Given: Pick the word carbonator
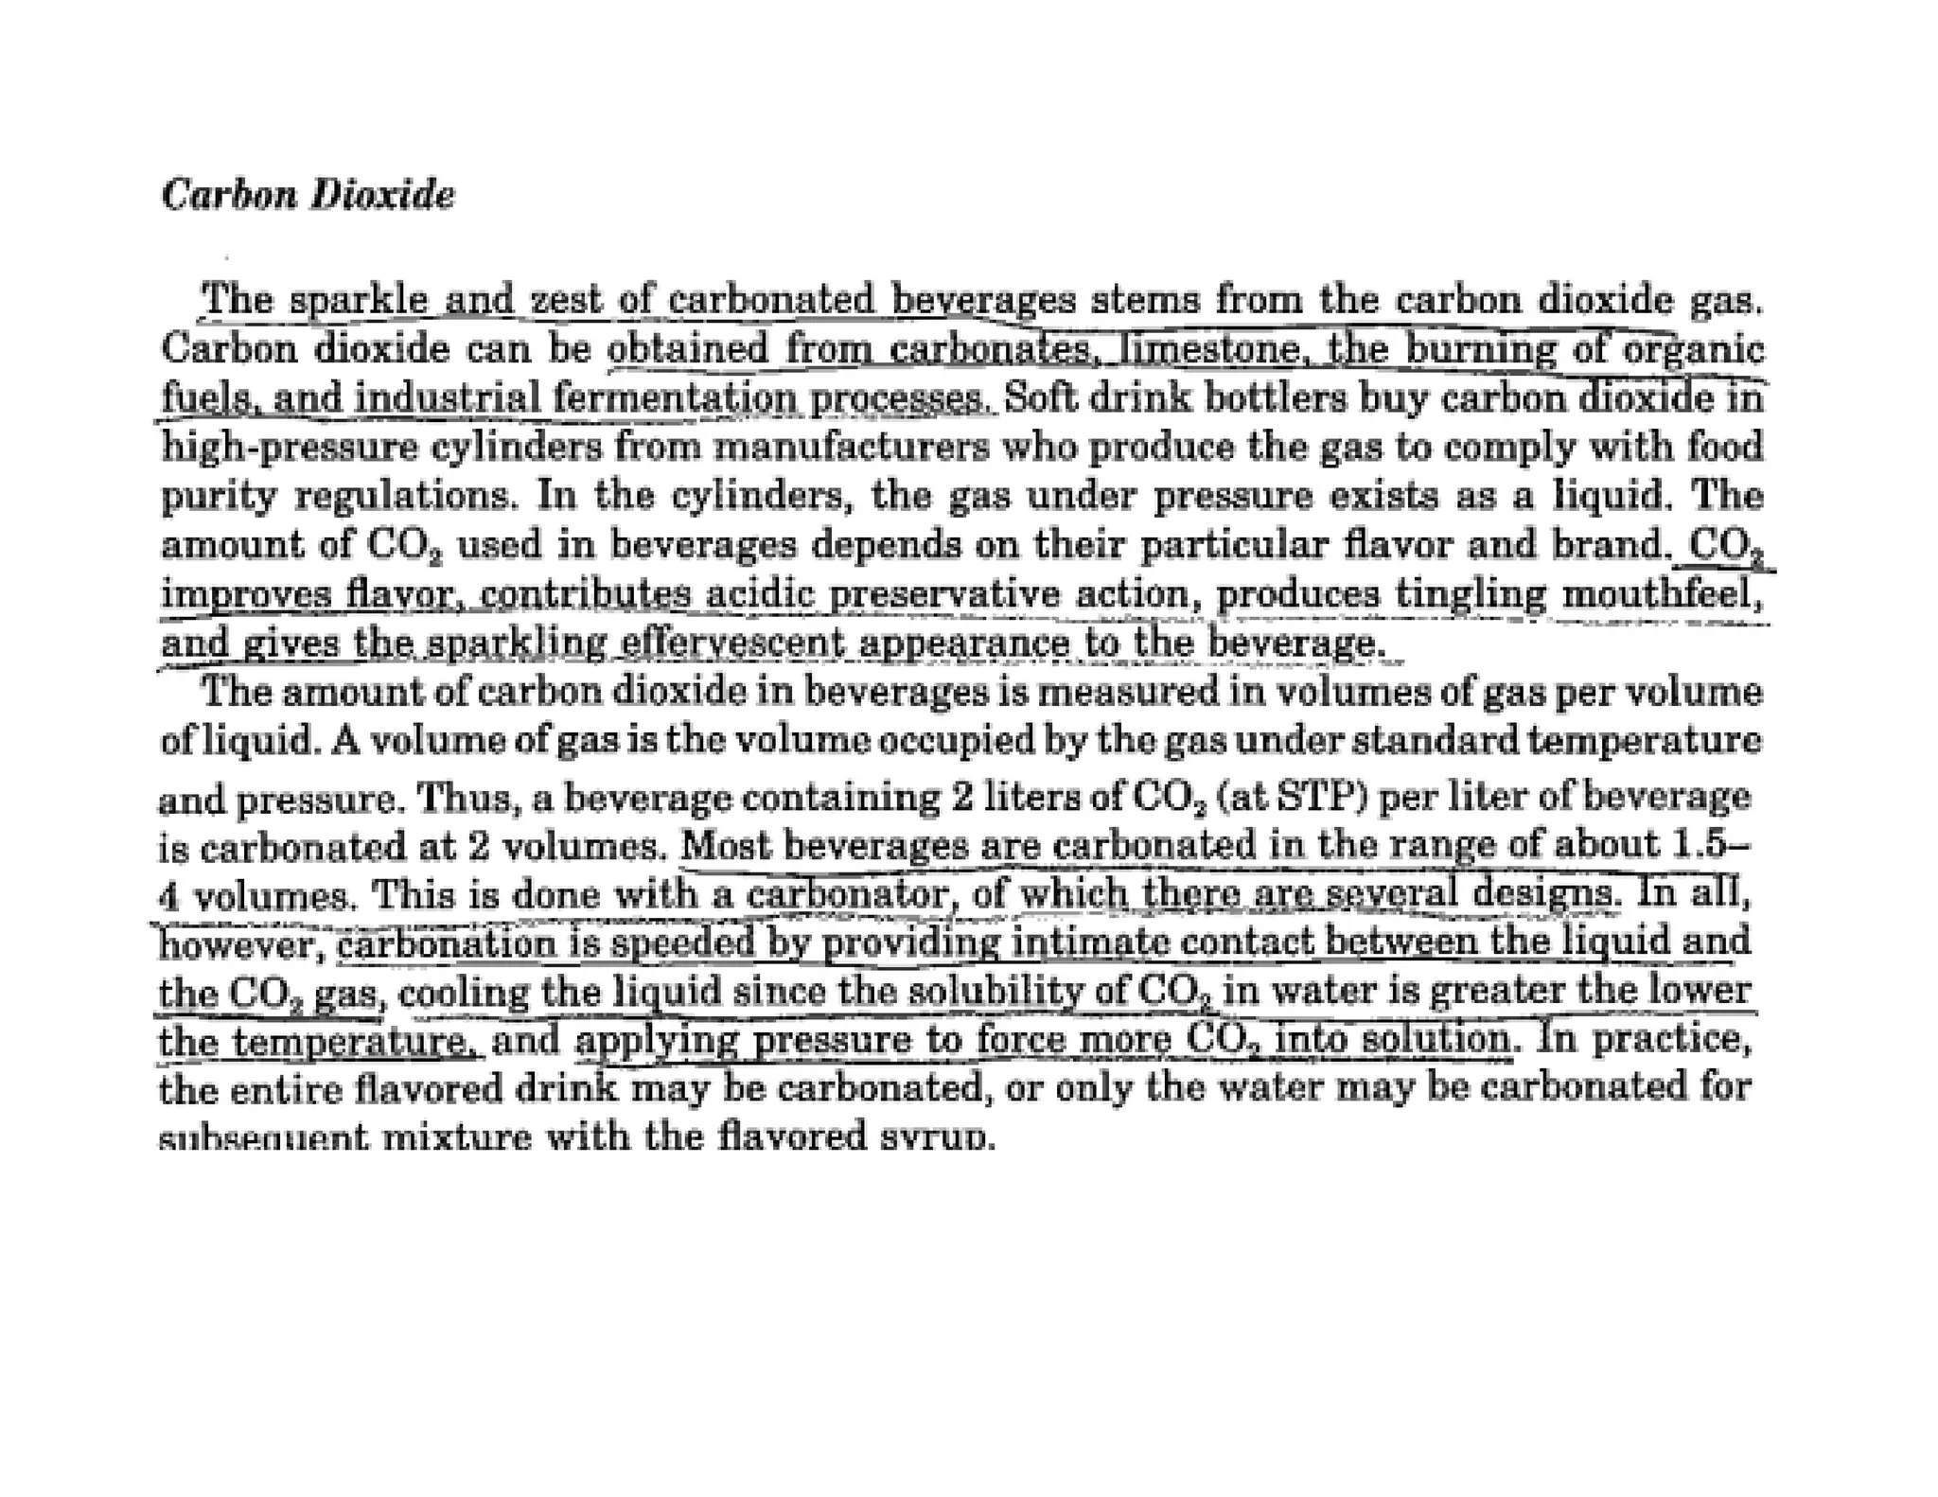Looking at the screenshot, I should tap(847, 894).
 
